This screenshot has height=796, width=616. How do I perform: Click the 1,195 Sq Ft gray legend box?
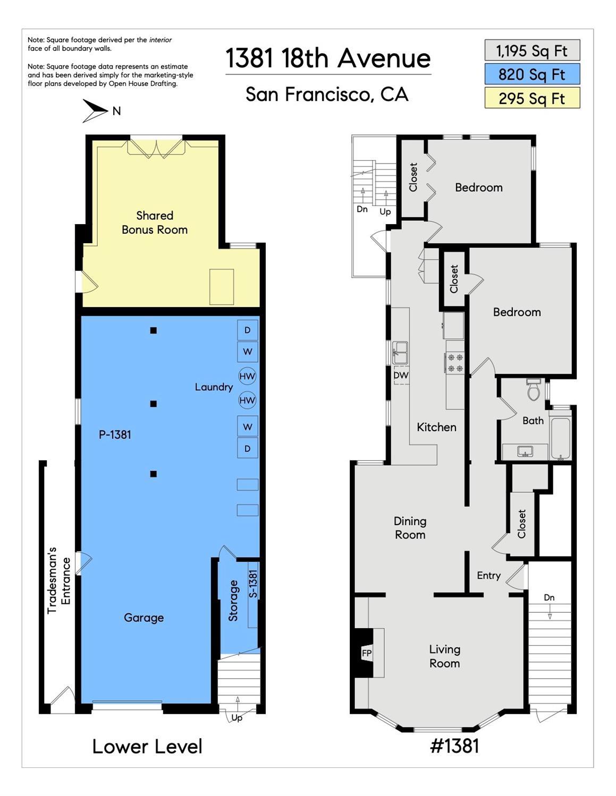(x=532, y=50)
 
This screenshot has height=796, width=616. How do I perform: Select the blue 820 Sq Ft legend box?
(x=532, y=74)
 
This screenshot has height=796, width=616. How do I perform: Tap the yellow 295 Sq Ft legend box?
(x=532, y=98)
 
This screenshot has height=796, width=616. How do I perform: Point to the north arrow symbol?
(x=95, y=110)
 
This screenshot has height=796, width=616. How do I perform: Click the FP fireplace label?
(x=367, y=653)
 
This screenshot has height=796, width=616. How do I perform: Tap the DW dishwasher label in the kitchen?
(x=401, y=375)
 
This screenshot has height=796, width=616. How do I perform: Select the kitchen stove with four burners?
(x=455, y=362)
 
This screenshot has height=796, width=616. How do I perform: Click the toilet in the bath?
(x=534, y=390)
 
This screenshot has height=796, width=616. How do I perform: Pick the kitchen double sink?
(x=400, y=353)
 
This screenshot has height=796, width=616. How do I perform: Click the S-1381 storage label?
(x=253, y=585)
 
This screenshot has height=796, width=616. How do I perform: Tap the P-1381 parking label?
(x=115, y=434)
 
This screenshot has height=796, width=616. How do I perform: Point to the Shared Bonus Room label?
(x=154, y=222)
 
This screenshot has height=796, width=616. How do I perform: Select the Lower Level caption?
(x=147, y=746)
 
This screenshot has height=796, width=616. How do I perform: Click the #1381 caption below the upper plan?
(x=454, y=746)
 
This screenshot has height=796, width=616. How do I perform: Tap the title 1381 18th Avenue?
(x=328, y=58)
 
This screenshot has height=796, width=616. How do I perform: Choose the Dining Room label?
(x=410, y=528)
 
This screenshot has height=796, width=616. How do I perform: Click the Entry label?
(x=488, y=576)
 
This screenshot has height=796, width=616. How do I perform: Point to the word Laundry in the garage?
(x=214, y=387)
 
